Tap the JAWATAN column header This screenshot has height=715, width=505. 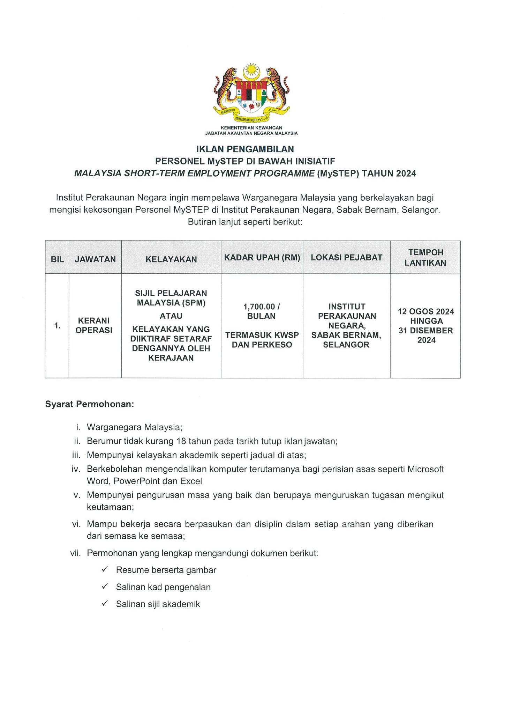point(95,259)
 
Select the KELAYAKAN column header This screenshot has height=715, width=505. point(171,259)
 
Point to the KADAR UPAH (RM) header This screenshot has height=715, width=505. point(262,258)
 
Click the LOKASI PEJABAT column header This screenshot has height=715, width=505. point(347,258)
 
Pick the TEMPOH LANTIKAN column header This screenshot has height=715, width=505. point(425,258)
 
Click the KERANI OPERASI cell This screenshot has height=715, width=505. point(94,325)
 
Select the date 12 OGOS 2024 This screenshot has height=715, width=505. point(426,311)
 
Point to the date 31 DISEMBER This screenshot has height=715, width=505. point(426,330)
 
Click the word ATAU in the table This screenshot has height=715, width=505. point(171,316)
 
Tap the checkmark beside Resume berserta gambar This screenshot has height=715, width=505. point(104,569)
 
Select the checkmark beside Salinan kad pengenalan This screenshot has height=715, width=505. point(104,587)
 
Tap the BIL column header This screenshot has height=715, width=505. point(57,259)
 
